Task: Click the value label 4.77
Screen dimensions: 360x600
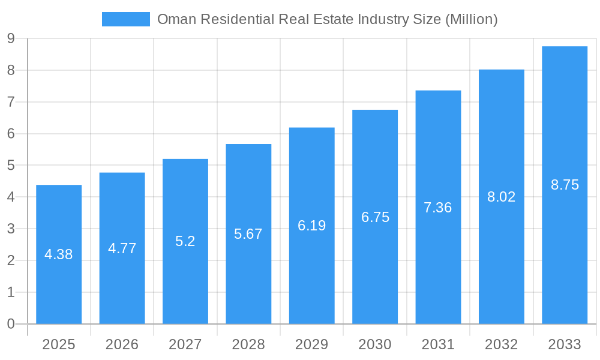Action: click(x=122, y=248)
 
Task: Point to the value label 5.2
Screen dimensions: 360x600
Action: click(x=185, y=241)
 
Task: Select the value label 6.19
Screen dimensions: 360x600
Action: click(x=311, y=226)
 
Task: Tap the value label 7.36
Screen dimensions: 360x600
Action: click(x=438, y=208)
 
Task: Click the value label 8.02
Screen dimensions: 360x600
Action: click(x=501, y=197)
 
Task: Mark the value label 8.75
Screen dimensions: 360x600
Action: click(x=565, y=185)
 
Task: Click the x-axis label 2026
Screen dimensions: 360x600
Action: click(x=122, y=344)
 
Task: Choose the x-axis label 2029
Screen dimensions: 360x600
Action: click(x=311, y=344)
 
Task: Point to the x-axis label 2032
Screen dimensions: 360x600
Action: click(x=501, y=344)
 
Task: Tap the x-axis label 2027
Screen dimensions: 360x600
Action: click(x=185, y=344)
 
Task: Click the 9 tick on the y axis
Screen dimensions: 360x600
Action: click(x=11, y=38)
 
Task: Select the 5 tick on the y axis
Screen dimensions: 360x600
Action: click(x=11, y=166)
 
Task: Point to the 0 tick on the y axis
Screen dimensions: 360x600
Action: click(x=11, y=324)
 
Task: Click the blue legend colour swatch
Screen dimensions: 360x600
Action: click(x=126, y=19)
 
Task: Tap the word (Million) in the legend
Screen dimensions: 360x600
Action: click(x=471, y=19)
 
